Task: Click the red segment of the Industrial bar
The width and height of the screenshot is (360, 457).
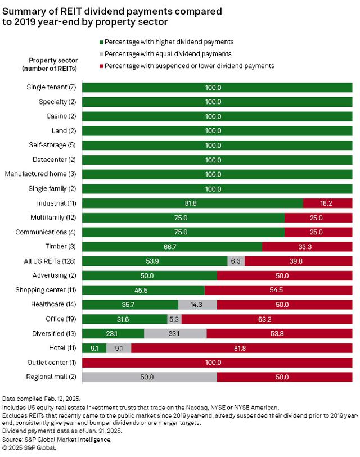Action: coord(327,203)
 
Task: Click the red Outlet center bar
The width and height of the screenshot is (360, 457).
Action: coord(217,363)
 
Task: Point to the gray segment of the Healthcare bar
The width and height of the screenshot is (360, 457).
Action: coord(197,305)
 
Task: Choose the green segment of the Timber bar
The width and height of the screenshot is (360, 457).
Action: coord(172,246)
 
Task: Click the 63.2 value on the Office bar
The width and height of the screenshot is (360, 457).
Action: coord(266,319)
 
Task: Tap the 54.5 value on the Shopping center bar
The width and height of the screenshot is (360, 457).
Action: coord(278,290)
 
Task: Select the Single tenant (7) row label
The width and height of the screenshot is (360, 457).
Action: coord(51,87)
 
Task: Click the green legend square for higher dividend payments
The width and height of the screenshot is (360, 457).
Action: coord(102,42)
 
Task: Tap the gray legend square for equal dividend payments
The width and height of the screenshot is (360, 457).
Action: coord(102,54)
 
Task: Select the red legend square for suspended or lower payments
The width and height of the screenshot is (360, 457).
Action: coord(102,66)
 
